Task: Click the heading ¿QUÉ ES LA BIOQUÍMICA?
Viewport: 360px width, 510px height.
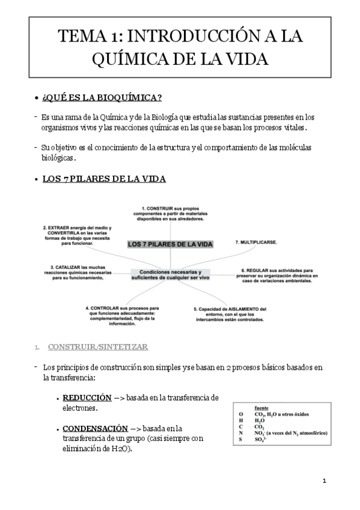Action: [102, 97]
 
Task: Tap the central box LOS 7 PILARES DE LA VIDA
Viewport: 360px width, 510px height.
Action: [170, 244]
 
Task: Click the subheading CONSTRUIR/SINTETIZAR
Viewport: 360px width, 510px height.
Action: [98, 347]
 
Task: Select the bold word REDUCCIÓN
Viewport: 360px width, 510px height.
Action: [87, 398]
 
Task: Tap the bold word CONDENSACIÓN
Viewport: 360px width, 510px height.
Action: [95, 428]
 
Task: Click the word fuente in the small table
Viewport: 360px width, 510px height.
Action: [261, 407]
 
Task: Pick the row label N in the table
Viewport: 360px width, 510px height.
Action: [240, 433]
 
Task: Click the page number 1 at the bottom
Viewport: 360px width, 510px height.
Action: [324, 481]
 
